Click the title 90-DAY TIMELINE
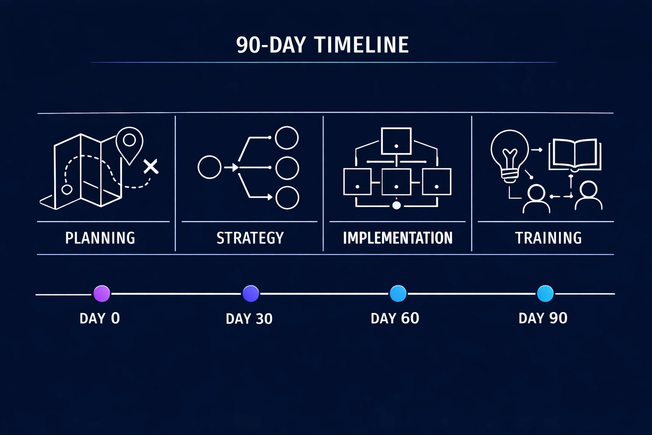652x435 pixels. point(323,45)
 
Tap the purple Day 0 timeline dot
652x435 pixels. point(101,294)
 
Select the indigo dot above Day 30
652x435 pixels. point(250,294)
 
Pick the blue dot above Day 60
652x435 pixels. point(398,294)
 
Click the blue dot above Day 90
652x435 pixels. point(545,294)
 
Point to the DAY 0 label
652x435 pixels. point(100,318)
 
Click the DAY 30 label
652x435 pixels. point(249,319)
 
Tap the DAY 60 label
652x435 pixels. point(395,318)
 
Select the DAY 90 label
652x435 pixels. point(543,318)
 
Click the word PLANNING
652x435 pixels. point(100,238)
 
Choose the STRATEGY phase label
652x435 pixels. point(250,238)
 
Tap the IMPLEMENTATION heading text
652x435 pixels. point(398,238)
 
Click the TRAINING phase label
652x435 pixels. point(548,238)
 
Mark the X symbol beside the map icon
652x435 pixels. point(151,167)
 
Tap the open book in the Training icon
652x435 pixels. point(575,155)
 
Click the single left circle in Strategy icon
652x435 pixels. point(210,167)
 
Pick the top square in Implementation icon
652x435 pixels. point(396,141)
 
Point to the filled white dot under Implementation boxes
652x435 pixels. point(396,206)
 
